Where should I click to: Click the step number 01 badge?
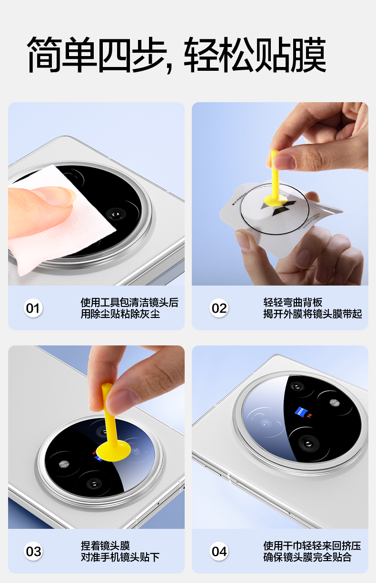tap(33, 308)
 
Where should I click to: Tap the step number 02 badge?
tap(219, 308)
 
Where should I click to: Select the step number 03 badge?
tap(33, 551)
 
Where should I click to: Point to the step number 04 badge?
tap(219, 551)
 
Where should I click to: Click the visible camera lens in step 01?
tap(116, 215)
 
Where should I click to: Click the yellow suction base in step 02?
tap(276, 201)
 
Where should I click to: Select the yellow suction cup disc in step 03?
tap(113, 451)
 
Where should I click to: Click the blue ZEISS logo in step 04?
tap(301, 412)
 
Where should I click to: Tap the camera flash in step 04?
tap(334, 402)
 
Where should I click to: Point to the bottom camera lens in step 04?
tap(308, 443)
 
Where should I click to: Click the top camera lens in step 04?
tap(297, 386)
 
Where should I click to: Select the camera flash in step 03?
tap(64, 464)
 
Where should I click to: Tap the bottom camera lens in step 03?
tap(93, 485)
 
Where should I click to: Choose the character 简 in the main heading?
tap(45, 54)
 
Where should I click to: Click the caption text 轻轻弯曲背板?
tap(293, 303)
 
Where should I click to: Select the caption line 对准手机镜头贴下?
tap(120, 557)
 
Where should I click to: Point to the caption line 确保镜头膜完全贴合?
tap(307, 557)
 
